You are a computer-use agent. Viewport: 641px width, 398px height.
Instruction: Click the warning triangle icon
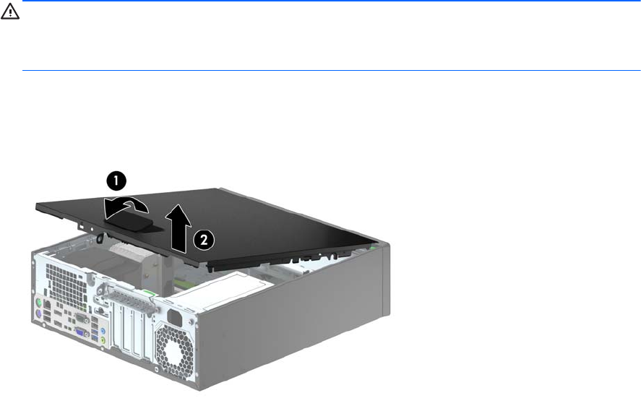click(10, 12)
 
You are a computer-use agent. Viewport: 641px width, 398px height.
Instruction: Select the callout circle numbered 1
click(116, 181)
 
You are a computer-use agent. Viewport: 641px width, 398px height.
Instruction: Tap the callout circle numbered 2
click(203, 240)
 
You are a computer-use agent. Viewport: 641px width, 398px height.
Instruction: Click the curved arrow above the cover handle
click(125, 207)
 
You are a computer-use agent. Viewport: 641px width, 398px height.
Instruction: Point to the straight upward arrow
click(178, 228)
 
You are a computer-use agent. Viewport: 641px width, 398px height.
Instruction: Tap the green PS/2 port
click(39, 303)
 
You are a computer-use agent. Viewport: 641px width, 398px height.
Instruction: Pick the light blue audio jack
click(103, 331)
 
